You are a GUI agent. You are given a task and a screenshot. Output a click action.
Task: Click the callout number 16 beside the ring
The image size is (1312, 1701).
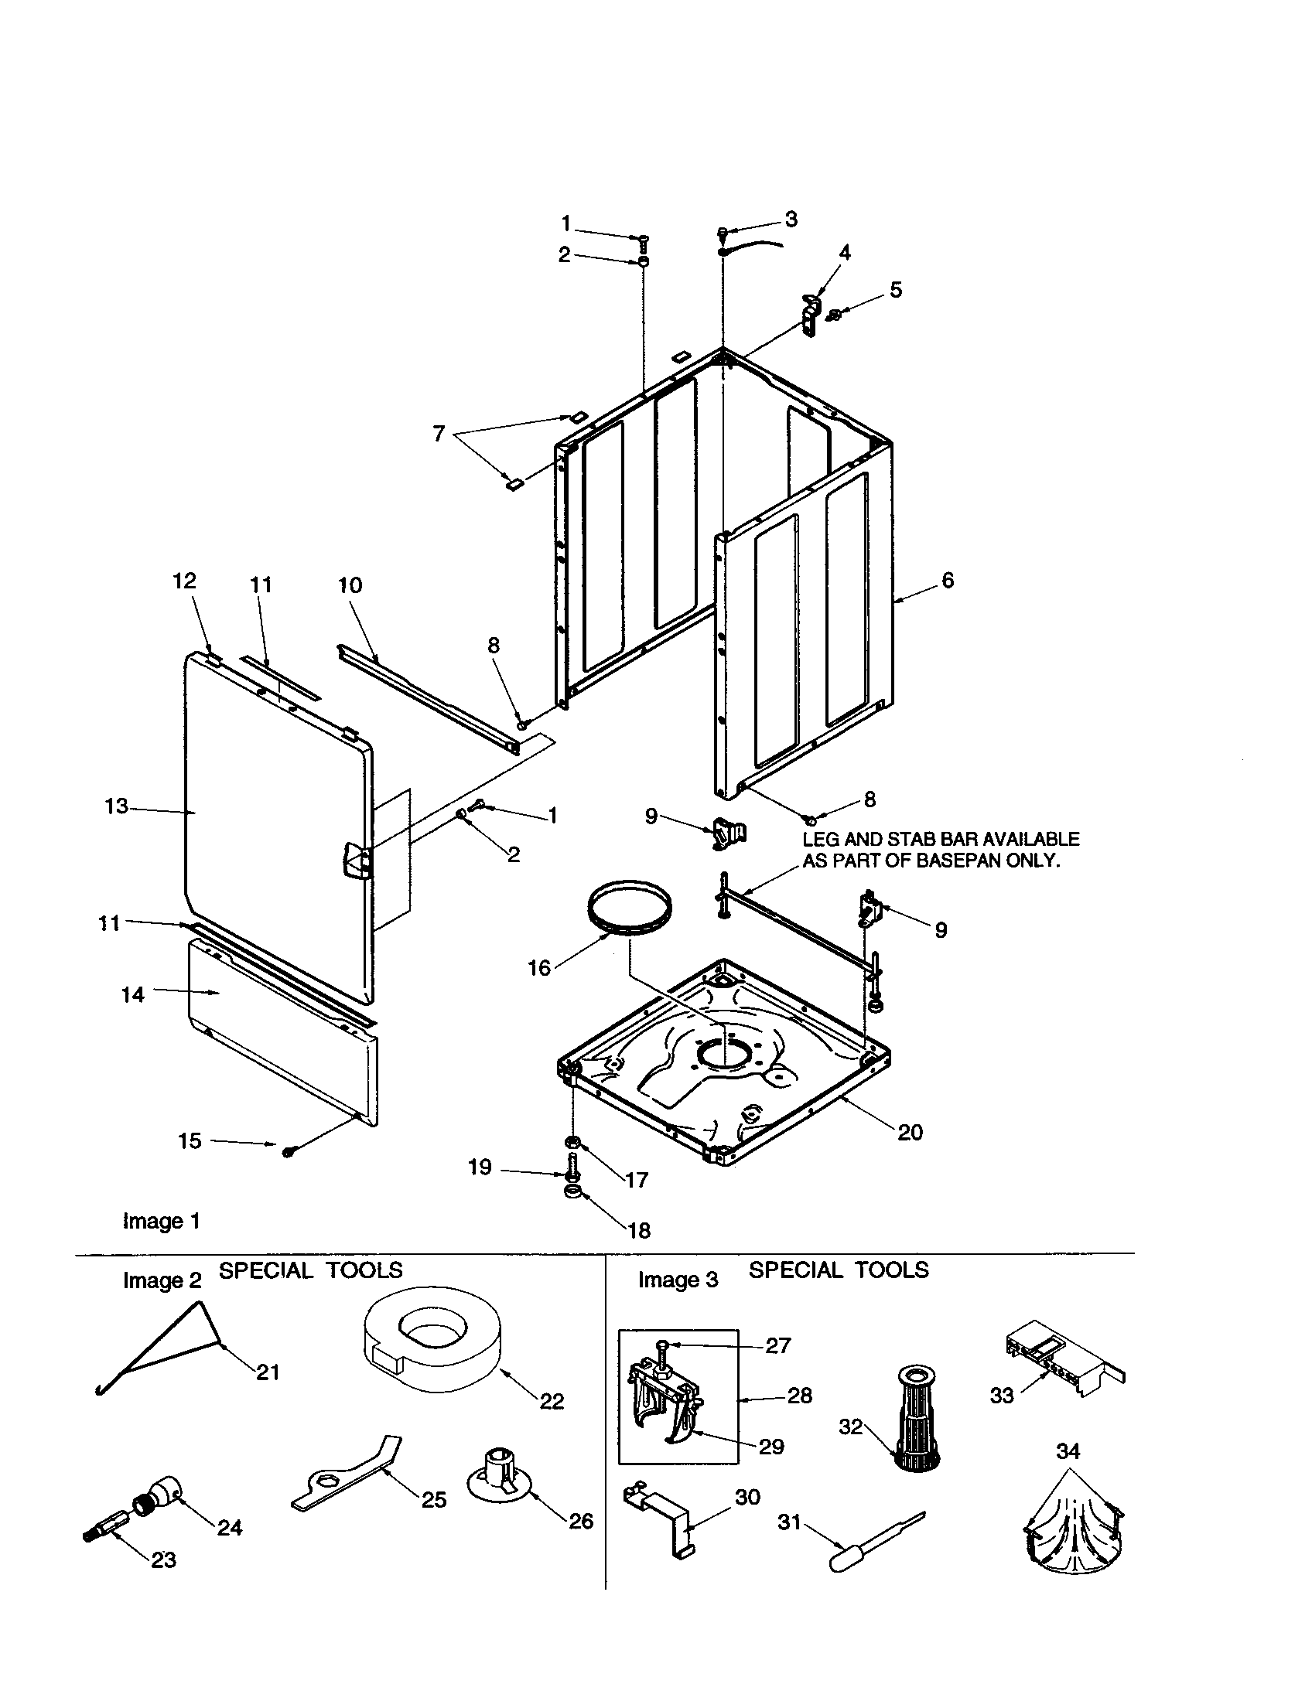coord(539,968)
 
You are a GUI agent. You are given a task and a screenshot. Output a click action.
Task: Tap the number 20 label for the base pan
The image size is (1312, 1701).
coord(910,1132)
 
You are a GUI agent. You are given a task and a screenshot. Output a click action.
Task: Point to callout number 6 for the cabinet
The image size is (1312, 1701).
coord(948,580)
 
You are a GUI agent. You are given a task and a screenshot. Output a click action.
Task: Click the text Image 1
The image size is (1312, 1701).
coord(161,1220)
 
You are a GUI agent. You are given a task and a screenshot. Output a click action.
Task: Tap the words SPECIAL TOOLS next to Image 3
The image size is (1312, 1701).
coord(839,1270)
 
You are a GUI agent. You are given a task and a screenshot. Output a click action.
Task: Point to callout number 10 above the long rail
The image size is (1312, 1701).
coord(350,585)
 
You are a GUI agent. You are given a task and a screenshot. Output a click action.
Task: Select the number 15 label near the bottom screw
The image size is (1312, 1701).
coord(190,1141)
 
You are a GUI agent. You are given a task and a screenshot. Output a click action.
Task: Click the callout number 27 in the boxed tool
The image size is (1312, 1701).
coord(777,1345)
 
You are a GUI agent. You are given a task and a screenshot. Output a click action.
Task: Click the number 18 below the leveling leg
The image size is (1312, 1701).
coord(639,1231)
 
